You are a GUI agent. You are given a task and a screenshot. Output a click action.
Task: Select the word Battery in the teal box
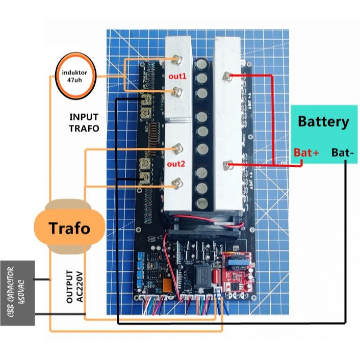pos(323,122)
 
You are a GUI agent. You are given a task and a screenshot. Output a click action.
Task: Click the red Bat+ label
pos(306,152)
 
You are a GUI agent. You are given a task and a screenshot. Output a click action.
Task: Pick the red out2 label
pos(177,164)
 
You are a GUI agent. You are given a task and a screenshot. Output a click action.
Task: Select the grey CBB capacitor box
pos(18,293)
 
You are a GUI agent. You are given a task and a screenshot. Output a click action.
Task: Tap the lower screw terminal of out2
pos(178,181)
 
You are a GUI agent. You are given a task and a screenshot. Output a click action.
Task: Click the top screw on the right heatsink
pos(227,76)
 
